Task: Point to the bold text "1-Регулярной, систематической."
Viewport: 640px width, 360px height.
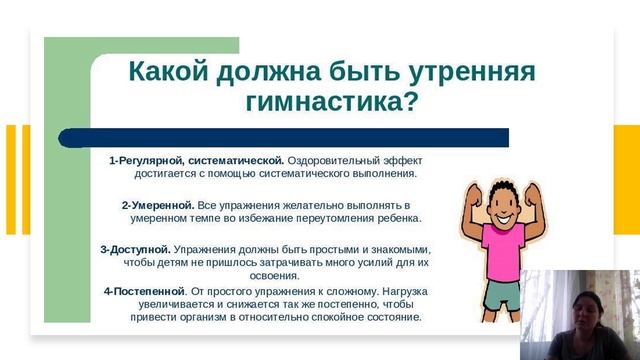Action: coord(198,160)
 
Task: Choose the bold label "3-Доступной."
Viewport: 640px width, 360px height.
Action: coord(135,249)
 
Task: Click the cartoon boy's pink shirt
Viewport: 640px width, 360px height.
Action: coord(496,250)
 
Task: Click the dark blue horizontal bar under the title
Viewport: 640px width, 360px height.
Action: coord(300,138)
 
